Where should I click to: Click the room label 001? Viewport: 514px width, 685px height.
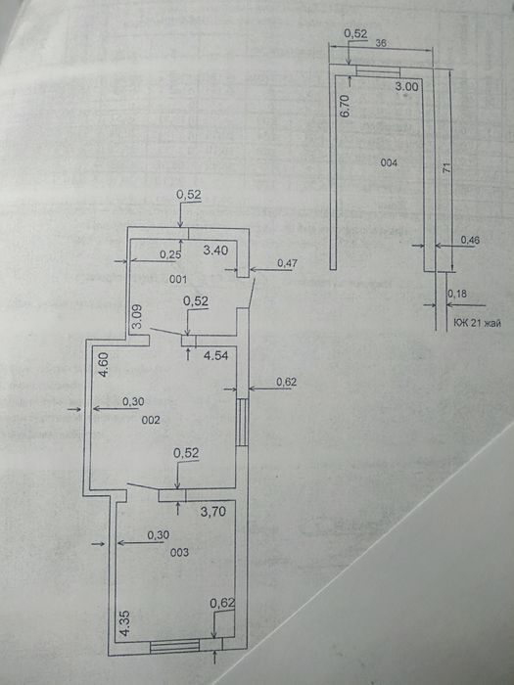point(178,279)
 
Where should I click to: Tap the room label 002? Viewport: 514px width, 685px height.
point(151,420)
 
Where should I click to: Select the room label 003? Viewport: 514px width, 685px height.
point(179,553)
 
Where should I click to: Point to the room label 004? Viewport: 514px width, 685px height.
point(389,163)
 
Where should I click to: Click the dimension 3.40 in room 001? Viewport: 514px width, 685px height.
point(216,251)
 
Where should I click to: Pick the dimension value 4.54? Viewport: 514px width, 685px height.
point(216,355)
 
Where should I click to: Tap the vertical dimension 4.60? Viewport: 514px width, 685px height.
point(103,365)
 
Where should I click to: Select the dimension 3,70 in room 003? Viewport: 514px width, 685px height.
point(213,511)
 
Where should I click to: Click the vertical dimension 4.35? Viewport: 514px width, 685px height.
point(125,623)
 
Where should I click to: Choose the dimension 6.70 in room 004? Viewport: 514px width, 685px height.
point(345,106)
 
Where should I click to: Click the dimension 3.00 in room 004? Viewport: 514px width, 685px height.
point(406,86)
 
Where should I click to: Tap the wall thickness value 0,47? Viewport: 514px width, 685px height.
point(288,263)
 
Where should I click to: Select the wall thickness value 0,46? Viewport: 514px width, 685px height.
point(470,240)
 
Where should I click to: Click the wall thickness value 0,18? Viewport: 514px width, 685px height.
point(457,294)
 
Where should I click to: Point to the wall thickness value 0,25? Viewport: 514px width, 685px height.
point(170,254)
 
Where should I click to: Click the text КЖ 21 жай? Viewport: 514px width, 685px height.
point(478,323)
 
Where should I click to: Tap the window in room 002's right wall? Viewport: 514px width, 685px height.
point(242,422)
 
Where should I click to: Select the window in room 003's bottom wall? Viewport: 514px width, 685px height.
point(174,646)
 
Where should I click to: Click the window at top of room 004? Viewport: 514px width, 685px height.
point(378,71)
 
